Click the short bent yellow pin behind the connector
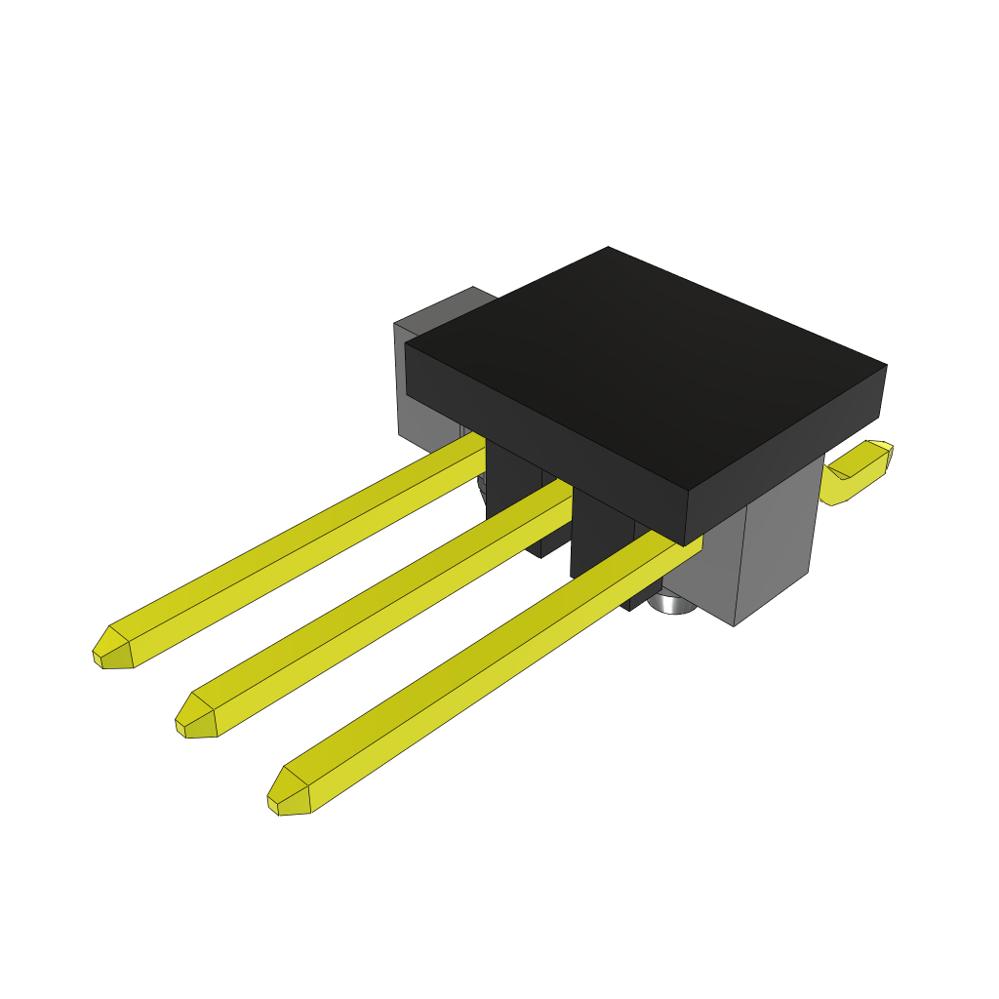click(x=857, y=473)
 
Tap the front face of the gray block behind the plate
click(x=429, y=410)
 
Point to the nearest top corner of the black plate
click(x=689, y=491)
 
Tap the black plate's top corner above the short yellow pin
click(x=886, y=367)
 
